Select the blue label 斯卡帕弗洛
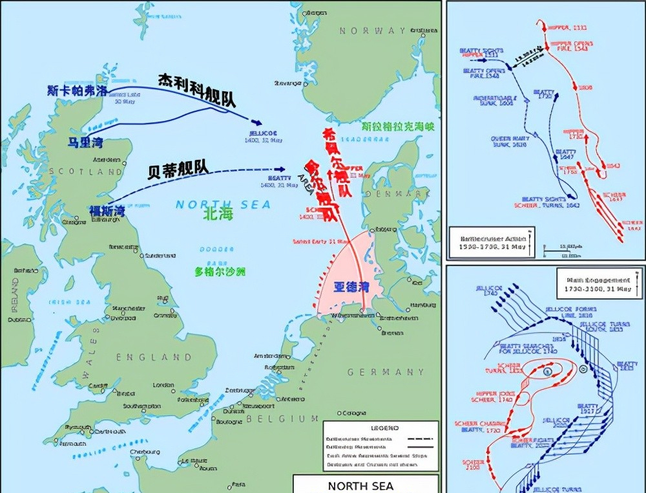(x=77, y=91)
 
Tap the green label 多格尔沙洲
(x=220, y=272)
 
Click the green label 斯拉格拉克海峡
(x=390, y=127)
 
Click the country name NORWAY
(x=373, y=31)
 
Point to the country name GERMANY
(x=386, y=372)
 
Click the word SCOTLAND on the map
(x=94, y=172)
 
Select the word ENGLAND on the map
(x=154, y=357)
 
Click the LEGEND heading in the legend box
(x=384, y=428)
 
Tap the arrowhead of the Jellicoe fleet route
(x=258, y=123)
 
